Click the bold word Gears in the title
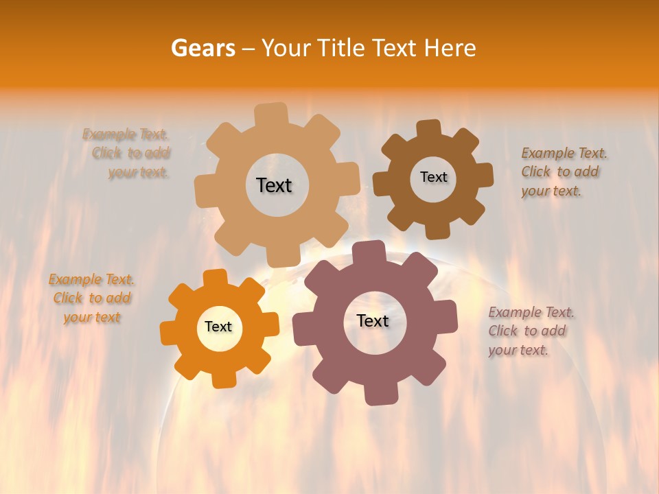coord(203,48)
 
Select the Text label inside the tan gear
coord(274,185)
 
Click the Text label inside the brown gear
coord(433,177)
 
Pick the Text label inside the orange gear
coord(218,327)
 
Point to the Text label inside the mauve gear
coord(373,320)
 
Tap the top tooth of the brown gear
coord(429,129)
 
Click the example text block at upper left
coord(127,153)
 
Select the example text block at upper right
coord(561,172)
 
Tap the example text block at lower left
coord(91,298)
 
